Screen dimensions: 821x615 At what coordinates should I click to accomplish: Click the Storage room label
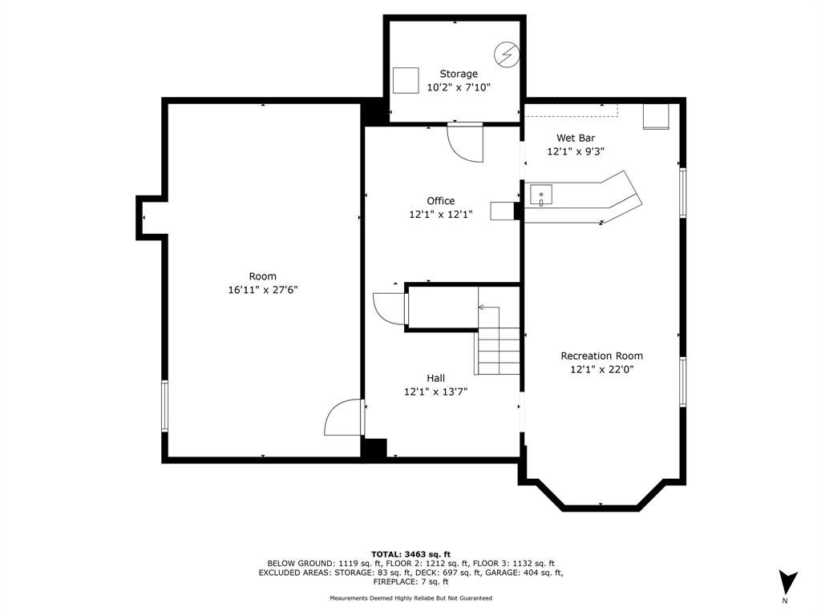pos(458,74)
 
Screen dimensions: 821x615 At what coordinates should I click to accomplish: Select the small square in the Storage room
pos(406,81)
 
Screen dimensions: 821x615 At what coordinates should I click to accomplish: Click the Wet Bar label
pos(576,138)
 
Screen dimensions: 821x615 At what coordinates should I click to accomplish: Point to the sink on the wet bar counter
pos(541,195)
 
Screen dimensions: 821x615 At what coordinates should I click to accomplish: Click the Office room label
pos(441,201)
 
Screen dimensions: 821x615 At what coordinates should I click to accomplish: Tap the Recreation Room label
pos(601,356)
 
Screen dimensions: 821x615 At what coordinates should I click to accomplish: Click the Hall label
pos(435,378)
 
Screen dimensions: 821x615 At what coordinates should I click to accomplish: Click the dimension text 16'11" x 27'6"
pos(263,290)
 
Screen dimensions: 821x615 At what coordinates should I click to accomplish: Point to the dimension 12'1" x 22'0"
pos(602,369)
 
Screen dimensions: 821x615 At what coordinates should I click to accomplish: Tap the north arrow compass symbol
pos(787,582)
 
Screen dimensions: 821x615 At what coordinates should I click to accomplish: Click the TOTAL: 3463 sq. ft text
pos(410,554)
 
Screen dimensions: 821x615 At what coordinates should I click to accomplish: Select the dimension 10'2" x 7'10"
pos(459,87)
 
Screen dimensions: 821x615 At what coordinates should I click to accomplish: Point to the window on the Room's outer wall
pos(165,406)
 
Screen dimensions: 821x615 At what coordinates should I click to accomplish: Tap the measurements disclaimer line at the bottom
pos(411,597)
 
